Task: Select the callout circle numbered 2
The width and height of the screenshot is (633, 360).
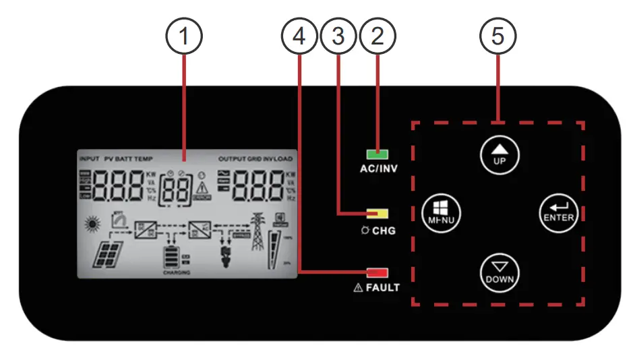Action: point(378,38)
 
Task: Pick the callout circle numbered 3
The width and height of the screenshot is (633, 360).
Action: point(339,38)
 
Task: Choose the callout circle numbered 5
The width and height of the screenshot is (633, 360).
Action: point(498,38)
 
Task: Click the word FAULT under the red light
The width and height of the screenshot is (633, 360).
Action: point(383,288)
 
